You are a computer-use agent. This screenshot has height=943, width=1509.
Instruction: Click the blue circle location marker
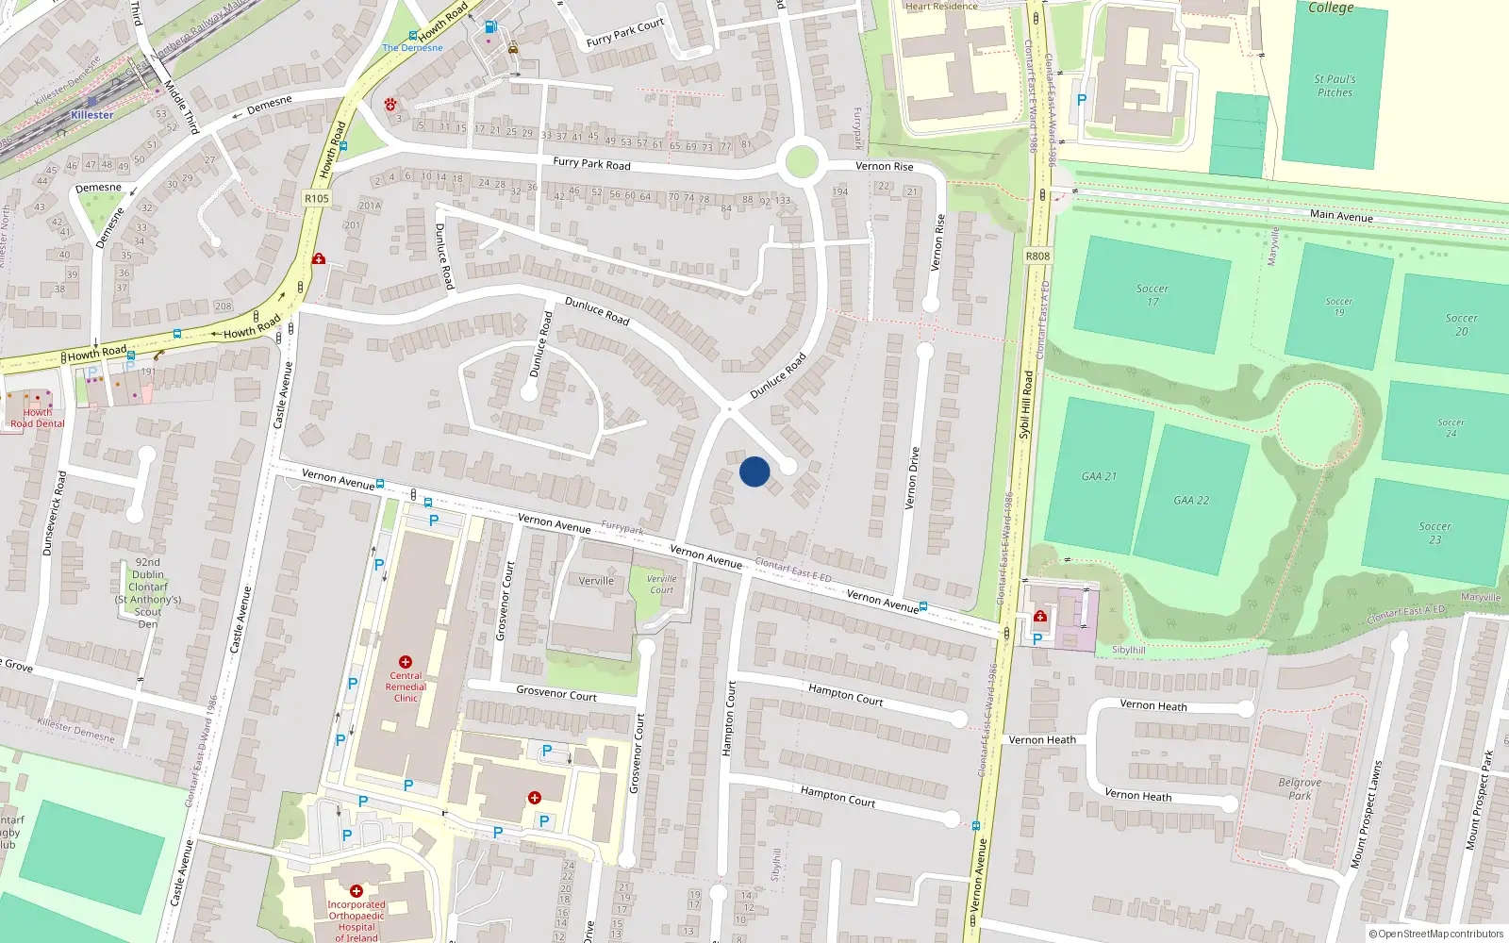(754, 471)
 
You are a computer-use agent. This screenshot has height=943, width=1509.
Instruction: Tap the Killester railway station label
(92, 115)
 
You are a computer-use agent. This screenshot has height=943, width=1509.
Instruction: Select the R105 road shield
(317, 199)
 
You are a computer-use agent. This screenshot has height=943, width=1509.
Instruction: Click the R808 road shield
(1037, 256)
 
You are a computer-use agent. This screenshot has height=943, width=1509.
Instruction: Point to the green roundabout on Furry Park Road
(801, 161)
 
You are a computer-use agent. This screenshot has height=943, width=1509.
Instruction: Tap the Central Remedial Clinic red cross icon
(406, 662)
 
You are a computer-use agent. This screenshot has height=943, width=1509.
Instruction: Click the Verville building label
(596, 581)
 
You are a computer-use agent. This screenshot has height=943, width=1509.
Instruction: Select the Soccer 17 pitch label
(1152, 295)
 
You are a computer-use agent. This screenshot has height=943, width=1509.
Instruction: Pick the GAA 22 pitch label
(1191, 501)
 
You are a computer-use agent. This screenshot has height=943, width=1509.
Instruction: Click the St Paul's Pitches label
(1335, 86)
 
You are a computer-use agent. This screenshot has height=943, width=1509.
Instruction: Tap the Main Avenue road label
(1341, 216)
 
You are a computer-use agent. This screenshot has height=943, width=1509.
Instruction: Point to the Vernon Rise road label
(884, 167)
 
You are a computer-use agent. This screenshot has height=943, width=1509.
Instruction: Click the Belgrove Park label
(1300, 789)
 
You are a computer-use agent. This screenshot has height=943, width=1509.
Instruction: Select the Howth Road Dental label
(38, 418)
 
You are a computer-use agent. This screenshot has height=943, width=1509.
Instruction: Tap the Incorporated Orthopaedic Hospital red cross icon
(357, 891)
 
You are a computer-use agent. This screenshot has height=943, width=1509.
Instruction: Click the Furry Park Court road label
(625, 33)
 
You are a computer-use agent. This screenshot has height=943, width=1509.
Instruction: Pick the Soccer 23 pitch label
(1434, 533)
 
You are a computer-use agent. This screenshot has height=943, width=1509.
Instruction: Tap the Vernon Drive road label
(912, 479)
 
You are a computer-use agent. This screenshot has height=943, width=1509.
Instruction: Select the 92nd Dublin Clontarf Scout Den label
(148, 592)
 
